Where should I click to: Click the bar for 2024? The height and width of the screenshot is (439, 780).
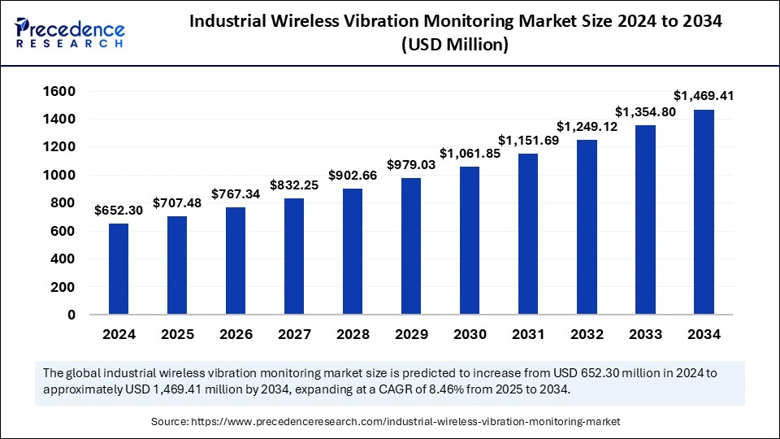click(x=119, y=268)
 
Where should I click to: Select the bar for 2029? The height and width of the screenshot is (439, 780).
click(x=411, y=246)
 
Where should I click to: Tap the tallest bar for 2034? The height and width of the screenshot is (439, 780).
click(x=704, y=211)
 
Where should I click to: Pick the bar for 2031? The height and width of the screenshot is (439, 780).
click(x=528, y=233)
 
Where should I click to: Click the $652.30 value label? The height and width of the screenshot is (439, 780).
click(x=119, y=210)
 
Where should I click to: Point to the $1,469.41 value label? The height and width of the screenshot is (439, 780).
click(x=703, y=96)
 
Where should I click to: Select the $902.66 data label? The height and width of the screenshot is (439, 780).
click(x=353, y=175)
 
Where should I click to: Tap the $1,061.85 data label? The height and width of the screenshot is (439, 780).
click(x=469, y=153)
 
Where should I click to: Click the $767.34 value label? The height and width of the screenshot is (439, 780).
click(x=236, y=193)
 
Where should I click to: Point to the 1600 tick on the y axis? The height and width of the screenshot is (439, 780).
click(x=62, y=91)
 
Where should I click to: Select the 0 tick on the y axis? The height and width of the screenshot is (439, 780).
click(x=71, y=315)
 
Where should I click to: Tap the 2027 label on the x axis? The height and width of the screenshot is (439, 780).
click(x=294, y=334)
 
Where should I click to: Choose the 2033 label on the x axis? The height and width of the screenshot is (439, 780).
click(x=645, y=334)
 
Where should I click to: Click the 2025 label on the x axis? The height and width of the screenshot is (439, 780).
click(x=177, y=334)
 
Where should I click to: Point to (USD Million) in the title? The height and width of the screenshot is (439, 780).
click(x=455, y=46)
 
